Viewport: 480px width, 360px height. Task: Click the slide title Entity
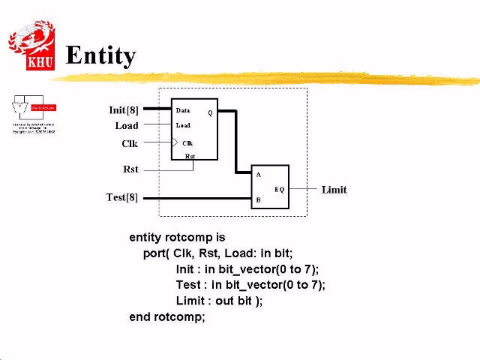point(100,55)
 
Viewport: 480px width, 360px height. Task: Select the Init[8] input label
point(124,110)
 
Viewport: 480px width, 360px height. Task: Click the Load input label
point(127,126)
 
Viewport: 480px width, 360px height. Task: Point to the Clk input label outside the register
point(130,143)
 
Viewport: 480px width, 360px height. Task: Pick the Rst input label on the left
point(130,169)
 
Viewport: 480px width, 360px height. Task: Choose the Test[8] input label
point(122,197)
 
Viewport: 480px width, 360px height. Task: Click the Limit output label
point(334,190)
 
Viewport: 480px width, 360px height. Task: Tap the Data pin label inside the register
point(183,110)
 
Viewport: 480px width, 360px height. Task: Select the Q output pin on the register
point(210,113)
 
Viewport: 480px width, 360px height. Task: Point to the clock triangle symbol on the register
point(175,142)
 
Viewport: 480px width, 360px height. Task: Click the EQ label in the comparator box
point(279,189)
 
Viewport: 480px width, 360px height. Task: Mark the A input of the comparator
point(259,175)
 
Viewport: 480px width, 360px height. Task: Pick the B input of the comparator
point(259,200)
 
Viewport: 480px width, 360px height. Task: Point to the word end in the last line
point(140,316)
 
